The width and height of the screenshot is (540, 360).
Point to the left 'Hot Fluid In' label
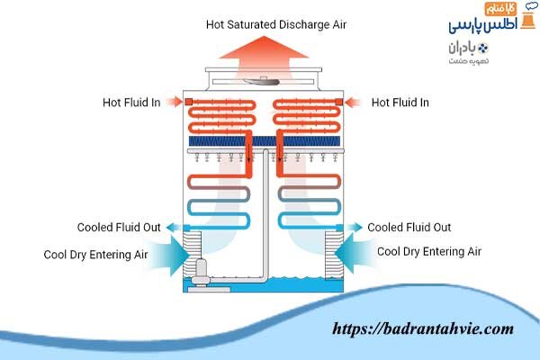(x=131, y=103)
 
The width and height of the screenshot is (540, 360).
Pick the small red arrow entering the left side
(x=175, y=103)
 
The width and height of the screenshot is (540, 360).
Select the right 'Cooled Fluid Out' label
(x=409, y=228)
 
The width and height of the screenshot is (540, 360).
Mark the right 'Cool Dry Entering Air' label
(x=428, y=252)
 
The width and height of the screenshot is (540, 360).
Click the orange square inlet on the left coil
(x=191, y=103)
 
